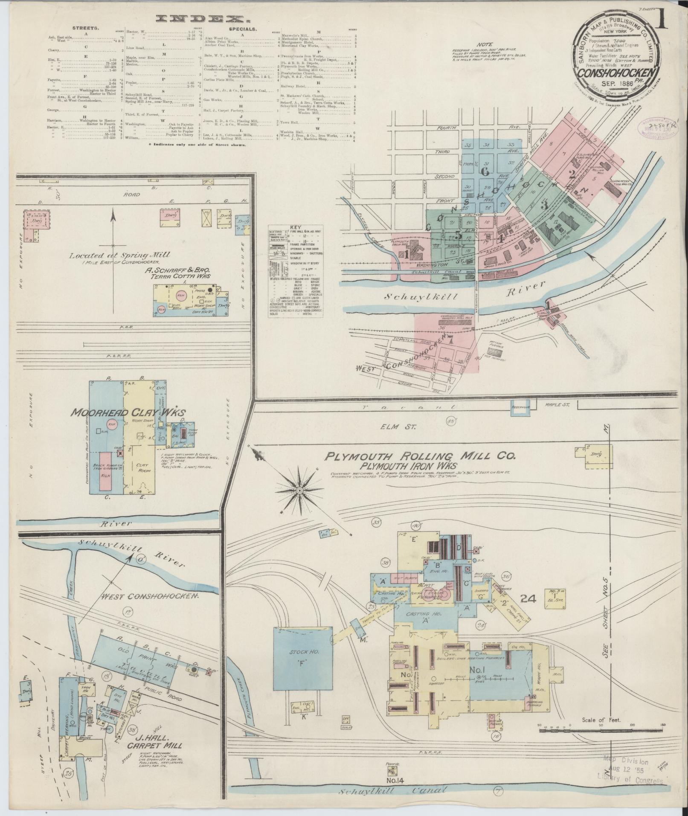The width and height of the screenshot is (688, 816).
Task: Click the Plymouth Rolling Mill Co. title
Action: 420,456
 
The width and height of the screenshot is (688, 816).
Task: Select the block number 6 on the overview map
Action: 485,171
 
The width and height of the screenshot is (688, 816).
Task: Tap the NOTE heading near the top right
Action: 485,44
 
